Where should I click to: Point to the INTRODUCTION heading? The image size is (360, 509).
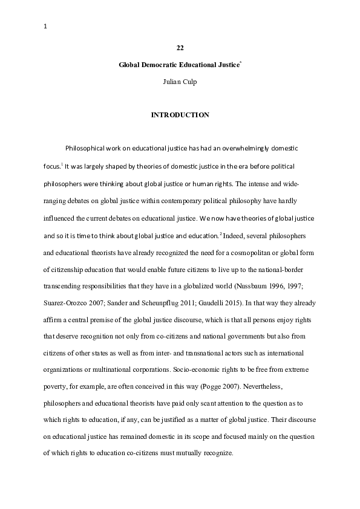pyautogui.click(x=180, y=114)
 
